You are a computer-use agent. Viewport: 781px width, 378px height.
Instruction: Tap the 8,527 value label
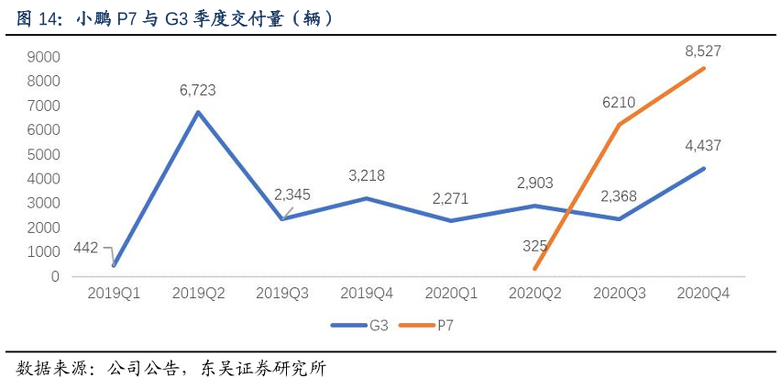tap(702, 51)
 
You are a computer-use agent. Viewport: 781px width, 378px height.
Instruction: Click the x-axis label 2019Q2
tap(197, 293)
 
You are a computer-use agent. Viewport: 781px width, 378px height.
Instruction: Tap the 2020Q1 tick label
tap(450, 293)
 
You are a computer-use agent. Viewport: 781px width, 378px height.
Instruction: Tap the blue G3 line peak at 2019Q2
tap(197, 113)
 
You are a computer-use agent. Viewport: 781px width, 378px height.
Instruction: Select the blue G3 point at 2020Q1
tap(450, 221)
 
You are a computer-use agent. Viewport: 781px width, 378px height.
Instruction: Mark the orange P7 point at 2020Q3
tap(619, 125)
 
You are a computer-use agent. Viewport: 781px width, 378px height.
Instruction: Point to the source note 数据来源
tap(166, 366)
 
